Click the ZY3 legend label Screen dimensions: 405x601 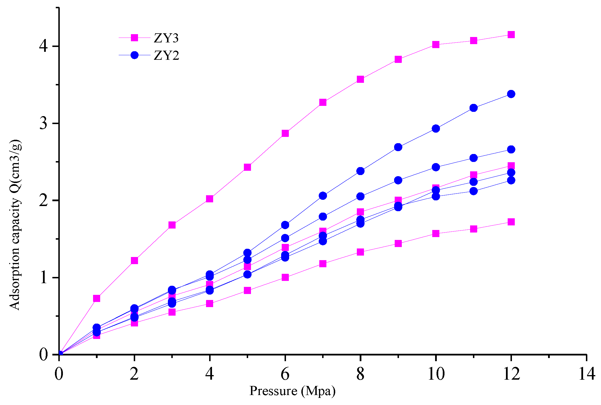click(166, 38)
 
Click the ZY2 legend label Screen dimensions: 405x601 click(166, 55)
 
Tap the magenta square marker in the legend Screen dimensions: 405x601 click(134, 38)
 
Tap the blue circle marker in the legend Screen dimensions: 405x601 click(134, 55)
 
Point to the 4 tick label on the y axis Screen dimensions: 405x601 click(43, 46)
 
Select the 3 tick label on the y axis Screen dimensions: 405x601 click(43, 123)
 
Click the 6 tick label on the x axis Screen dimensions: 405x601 click(285, 373)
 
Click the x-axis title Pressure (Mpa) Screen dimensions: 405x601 click(292, 391)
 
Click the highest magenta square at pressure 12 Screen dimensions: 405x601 click(511, 35)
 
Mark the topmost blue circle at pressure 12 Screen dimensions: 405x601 click(511, 94)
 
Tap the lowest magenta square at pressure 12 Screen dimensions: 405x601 click(511, 222)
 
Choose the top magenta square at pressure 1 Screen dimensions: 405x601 click(96, 298)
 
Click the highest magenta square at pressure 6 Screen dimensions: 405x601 click(285, 133)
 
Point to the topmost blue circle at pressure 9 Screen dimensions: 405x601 click(398, 147)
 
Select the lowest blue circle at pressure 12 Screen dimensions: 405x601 click(511, 180)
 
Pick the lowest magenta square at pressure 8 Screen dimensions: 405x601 click(360, 252)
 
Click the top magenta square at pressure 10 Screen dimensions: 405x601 click(436, 44)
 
